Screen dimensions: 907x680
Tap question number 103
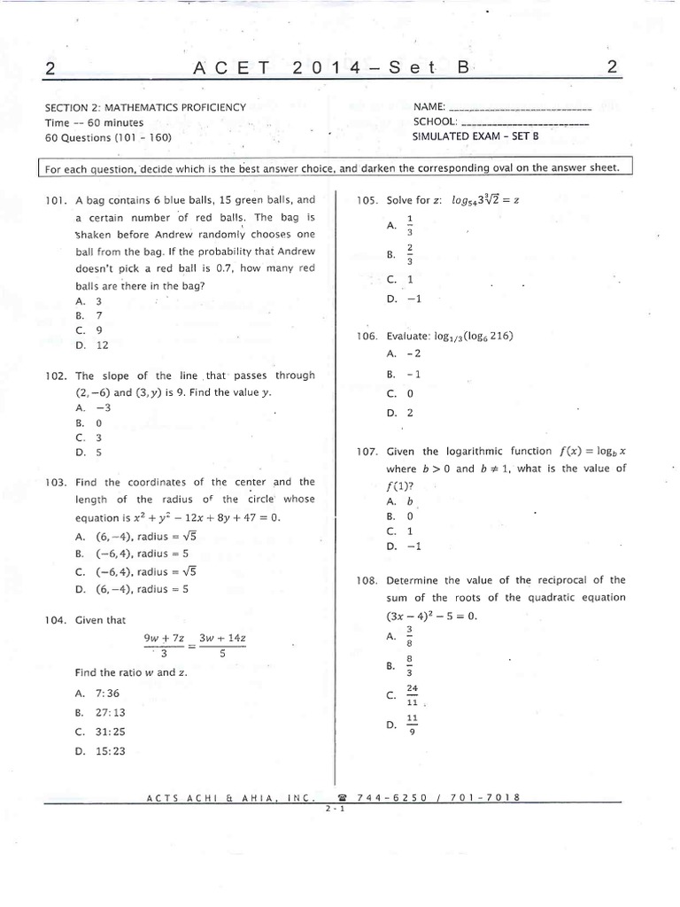click(56, 483)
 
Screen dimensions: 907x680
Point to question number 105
click(367, 201)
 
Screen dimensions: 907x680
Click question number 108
click(367, 581)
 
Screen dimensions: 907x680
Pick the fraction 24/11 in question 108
click(412, 694)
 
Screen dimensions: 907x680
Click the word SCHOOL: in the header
click(435, 122)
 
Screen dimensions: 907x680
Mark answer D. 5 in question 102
click(89, 452)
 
